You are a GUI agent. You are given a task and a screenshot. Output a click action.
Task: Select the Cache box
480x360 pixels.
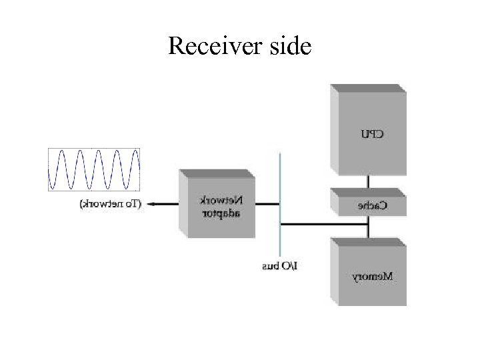pos(369,203)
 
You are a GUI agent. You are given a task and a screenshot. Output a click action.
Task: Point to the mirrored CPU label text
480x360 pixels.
pos(372,134)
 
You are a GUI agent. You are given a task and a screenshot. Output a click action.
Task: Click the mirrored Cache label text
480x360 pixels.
pos(372,206)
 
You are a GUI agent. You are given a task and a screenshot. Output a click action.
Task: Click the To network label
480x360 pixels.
pos(111,204)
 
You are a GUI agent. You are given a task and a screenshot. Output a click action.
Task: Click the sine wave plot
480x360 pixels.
pos(95,170)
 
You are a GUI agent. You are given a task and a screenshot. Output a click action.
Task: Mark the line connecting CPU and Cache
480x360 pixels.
pos(368,181)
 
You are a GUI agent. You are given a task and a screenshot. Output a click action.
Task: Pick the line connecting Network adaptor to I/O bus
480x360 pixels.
pos(267,204)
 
